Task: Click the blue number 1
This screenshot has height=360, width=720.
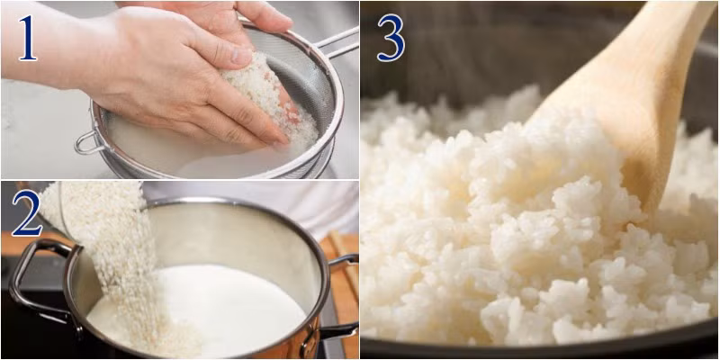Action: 28,38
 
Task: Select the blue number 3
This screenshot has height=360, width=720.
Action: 391,38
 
